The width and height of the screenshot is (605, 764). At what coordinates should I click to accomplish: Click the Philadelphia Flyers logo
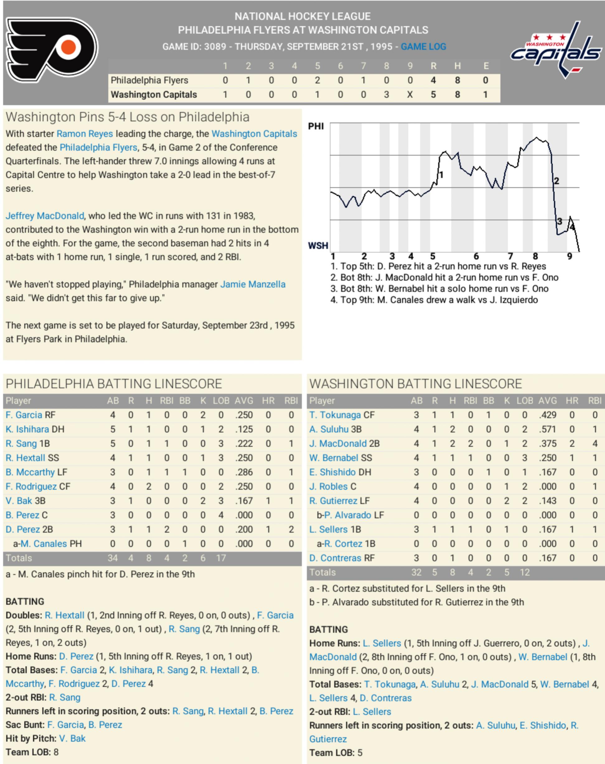click(x=52, y=49)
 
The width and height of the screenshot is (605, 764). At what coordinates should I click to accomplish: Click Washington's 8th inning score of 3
click(x=386, y=95)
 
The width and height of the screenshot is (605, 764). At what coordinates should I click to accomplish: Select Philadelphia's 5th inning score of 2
click(x=317, y=80)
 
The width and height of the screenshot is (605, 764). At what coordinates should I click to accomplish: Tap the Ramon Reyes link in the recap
click(x=85, y=134)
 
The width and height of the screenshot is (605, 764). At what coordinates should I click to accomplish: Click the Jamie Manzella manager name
click(x=253, y=284)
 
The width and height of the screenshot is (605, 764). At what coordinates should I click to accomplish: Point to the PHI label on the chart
click(x=316, y=126)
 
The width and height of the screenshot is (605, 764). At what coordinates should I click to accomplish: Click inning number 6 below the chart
click(x=476, y=256)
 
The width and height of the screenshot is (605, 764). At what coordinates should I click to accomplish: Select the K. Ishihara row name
click(x=27, y=429)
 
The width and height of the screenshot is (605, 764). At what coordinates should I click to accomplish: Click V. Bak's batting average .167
click(x=244, y=501)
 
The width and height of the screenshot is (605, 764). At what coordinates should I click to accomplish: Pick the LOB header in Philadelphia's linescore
click(x=221, y=401)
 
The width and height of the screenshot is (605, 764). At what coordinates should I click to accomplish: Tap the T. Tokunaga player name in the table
click(x=335, y=415)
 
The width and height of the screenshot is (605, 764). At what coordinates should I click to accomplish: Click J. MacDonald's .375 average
click(x=548, y=443)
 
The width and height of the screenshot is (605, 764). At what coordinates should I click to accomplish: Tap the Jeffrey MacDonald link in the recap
click(x=45, y=216)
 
